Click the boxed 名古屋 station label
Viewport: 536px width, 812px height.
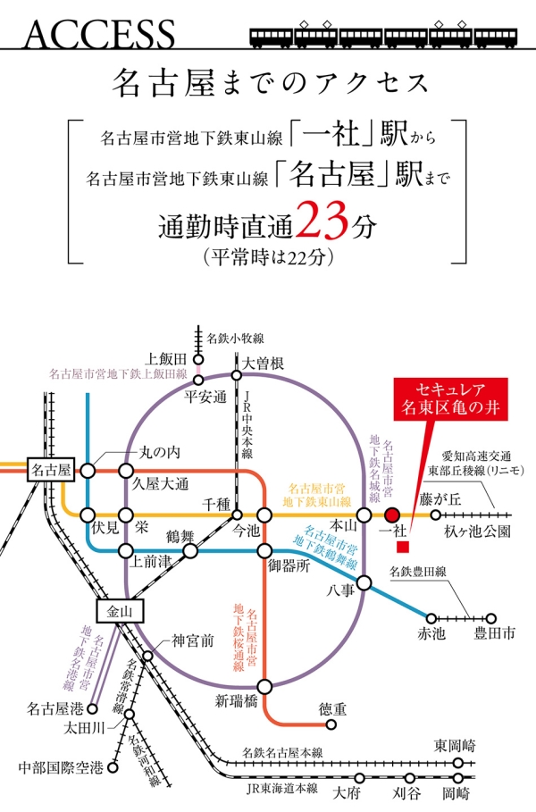(x=51, y=469)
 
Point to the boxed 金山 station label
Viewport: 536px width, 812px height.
(x=118, y=613)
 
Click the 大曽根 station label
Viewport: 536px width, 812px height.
(x=265, y=363)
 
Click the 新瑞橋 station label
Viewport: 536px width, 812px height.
(x=236, y=702)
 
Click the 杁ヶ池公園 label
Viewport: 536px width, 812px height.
(x=476, y=532)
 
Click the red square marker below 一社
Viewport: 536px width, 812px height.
(x=403, y=545)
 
